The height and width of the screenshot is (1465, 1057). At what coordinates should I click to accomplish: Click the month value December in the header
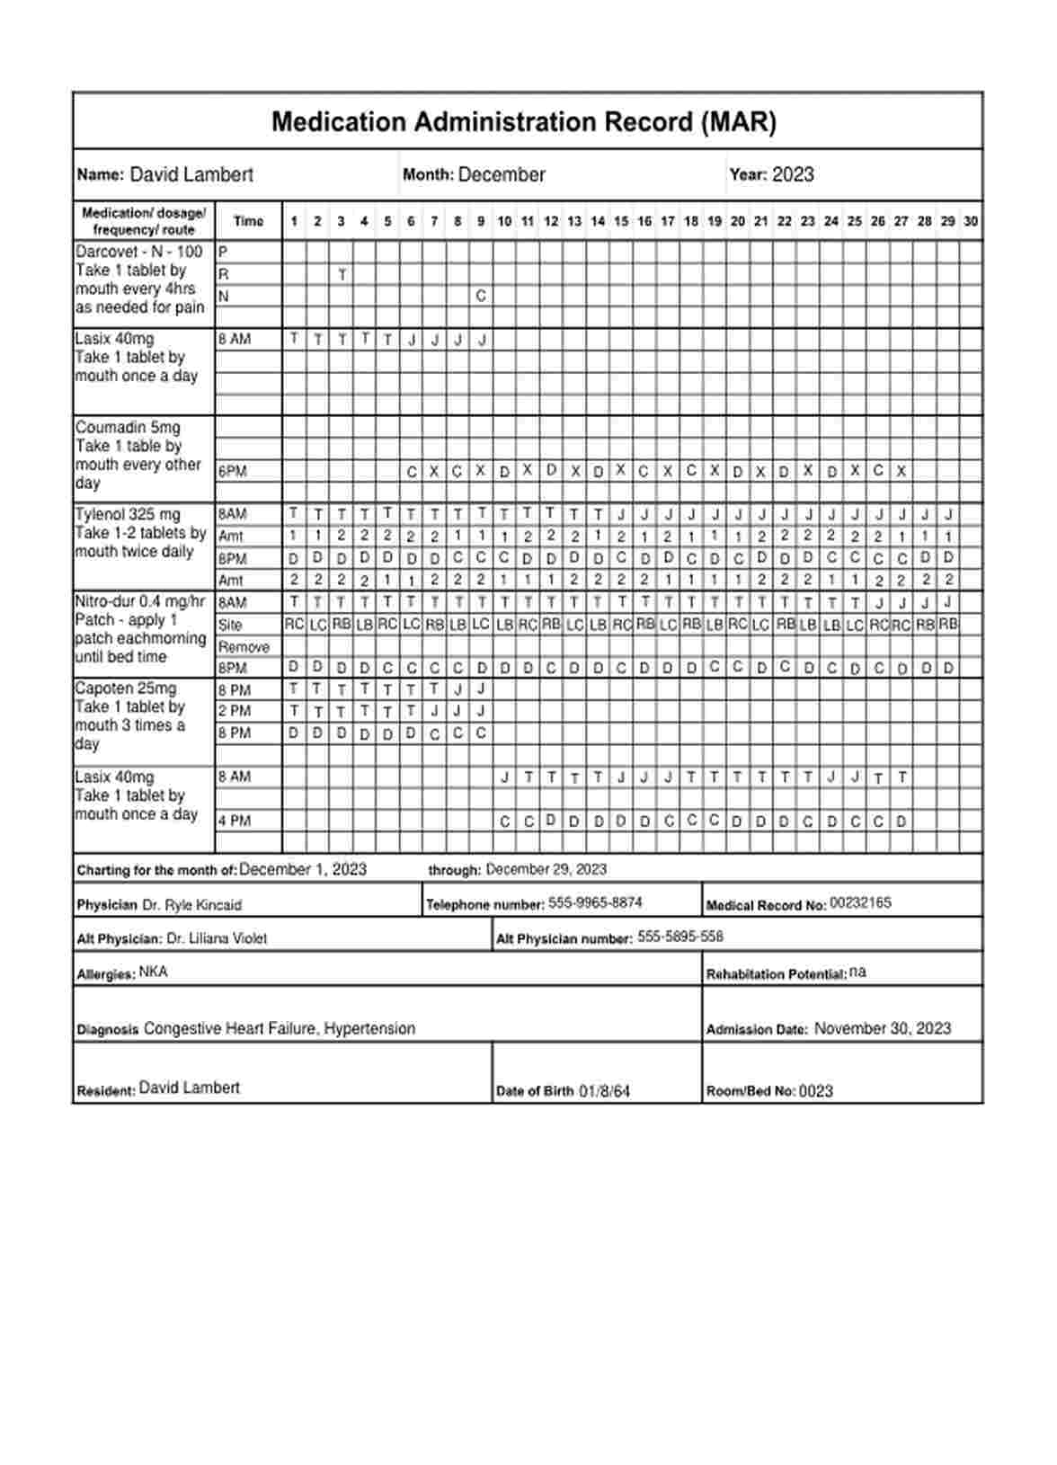tap(502, 175)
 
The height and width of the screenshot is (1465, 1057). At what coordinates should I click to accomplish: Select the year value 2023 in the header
tap(793, 175)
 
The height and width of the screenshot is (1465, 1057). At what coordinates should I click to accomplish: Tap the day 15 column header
tap(621, 221)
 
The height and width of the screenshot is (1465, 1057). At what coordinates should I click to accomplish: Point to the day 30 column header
tap(971, 221)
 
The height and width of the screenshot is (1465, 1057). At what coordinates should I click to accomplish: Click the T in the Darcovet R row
tap(342, 275)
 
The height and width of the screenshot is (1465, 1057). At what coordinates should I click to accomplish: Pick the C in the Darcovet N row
tap(481, 296)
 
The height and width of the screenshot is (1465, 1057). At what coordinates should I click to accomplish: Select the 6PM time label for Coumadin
tap(233, 471)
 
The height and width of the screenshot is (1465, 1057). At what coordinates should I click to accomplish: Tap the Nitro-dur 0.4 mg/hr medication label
tap(140, 601)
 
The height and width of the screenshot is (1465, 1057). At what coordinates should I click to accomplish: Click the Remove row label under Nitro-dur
tap(244, 647)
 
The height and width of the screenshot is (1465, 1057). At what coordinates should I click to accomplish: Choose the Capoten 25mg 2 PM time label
tap(234, 711)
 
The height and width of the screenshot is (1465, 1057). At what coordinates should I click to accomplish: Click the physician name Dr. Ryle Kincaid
tap(191, 905)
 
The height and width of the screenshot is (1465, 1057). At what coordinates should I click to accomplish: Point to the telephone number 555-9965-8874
tap(595, 902)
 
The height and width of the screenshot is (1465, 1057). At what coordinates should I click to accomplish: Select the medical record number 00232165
tap(860, 902)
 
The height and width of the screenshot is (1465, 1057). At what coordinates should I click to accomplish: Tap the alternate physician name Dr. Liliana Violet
tap(217, 938)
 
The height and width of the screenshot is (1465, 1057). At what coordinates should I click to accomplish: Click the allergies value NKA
tap(153, 972)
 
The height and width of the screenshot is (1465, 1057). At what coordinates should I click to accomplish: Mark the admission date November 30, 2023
tap(882, 1028)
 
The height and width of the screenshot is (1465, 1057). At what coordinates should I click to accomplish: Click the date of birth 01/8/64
tap(604, 1091)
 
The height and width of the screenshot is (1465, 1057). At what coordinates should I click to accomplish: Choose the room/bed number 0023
tap(816, 1091)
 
